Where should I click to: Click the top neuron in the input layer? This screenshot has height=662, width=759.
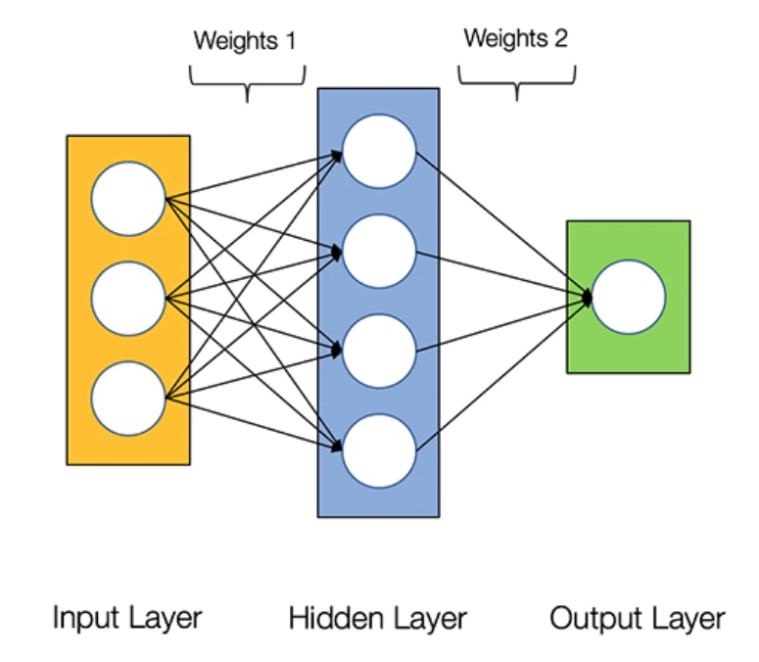click(128, 199)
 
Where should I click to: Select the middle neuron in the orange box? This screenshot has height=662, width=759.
click(128, 299)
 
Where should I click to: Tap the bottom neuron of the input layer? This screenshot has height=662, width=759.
click(128, 398)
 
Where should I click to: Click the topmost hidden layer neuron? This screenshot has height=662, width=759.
click(379, 152)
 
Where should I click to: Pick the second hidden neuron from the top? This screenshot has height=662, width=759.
click(379, 252)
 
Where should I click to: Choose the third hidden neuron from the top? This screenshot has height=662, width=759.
click(379, 351)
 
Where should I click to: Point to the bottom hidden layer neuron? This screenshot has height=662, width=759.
click(379, 450)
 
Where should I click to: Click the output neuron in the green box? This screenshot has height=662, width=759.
click(629, 297)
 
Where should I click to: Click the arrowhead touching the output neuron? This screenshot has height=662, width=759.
click(588, 297)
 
